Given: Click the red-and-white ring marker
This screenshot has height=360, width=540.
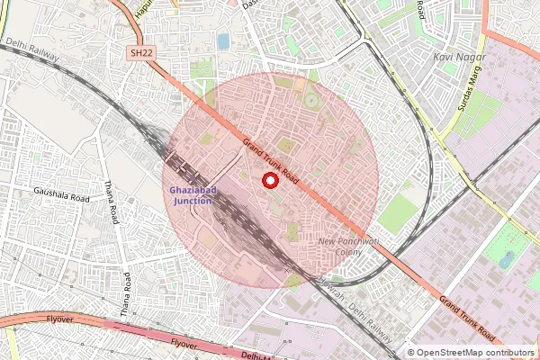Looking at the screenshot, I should point(267,181).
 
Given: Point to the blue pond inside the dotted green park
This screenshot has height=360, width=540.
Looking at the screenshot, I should point(508,259).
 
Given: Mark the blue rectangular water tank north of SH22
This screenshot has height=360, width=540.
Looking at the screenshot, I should point(222,42).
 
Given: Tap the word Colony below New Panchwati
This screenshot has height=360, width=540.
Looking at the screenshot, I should point(350,254).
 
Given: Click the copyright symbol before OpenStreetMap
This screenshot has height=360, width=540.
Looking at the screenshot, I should point(411,352).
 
